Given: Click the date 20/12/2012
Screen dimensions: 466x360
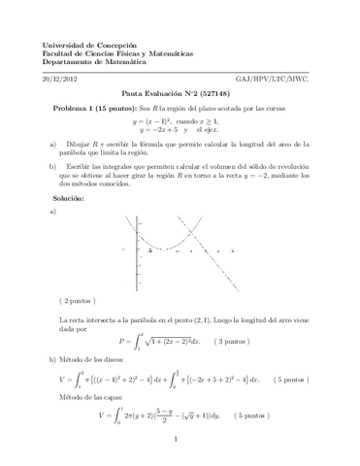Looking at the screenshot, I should (x=62, y=77).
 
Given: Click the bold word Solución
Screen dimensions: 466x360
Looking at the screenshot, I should (x=70, y=198).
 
